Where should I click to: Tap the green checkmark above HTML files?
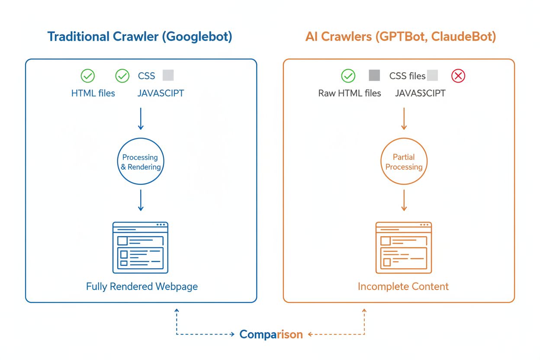coord(88,76)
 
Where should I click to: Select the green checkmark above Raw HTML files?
coord(348,76)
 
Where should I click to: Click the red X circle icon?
coord(458,76)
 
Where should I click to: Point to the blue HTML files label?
coord(93,93)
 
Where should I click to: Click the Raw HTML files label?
coord(350,93)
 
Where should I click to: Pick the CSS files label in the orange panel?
coord(407,76)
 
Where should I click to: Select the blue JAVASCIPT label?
coord(161,93)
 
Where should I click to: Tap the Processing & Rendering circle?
coord(141,162)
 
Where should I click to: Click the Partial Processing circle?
coord(404,162)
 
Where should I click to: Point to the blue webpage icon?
coord(140,247)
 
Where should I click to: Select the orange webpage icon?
coord(403,247)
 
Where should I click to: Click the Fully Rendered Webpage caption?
coord(142,286)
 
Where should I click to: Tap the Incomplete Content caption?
coord(403,286)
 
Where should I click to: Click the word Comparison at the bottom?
coord(271,334)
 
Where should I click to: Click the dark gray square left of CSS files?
coord(374,76)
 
